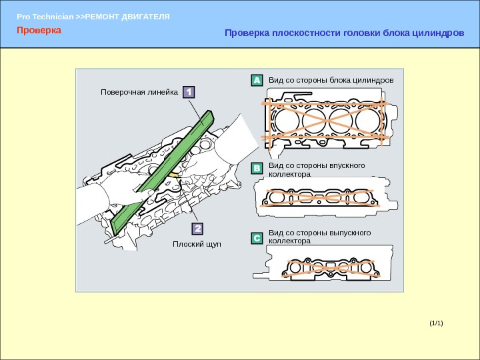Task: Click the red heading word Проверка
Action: (x=39, y=31)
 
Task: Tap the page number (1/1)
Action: (x=436, y=323)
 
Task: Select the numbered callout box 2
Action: (x=197, y=230)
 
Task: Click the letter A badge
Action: (x=257, y=81)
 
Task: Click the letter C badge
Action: (x=257, y=237)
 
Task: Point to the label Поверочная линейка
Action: (x=139, y=92)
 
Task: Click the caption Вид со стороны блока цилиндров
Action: (x=331, y=80)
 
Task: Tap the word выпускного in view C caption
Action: (x=347, y=233)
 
